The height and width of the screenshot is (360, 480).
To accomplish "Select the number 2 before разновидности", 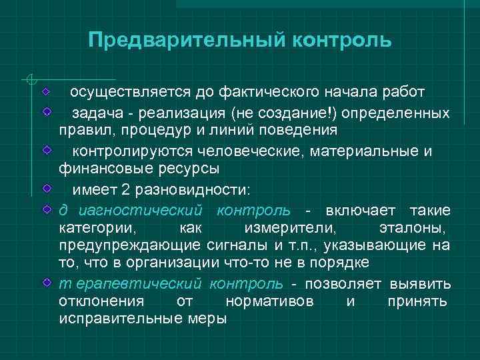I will tap(125, 190).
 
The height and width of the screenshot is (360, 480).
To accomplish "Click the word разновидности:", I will tap(192, 190).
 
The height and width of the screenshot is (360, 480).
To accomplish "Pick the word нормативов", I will tap(269, 300).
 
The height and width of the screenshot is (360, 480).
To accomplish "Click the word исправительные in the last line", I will tap(118, 317).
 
